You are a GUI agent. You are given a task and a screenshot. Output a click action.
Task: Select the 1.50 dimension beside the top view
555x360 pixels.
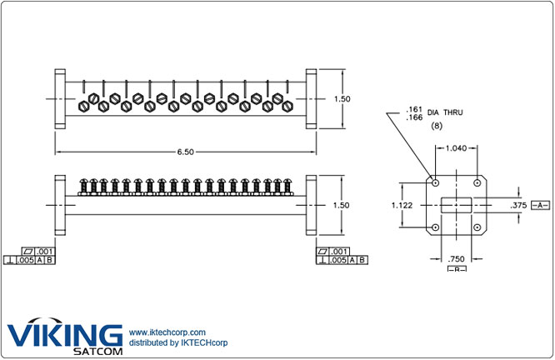(x=342, y=98)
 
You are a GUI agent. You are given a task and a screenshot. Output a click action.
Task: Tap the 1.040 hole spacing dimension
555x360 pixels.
(x=456, y=148)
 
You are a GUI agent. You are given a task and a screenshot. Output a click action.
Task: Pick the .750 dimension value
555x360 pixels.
(x=456, y=259)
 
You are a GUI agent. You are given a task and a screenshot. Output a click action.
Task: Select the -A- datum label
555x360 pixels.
(x=539, y=204)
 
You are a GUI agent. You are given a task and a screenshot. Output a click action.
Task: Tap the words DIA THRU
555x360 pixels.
(x=446, y=112)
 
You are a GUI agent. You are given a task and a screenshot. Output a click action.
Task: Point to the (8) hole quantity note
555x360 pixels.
(x=436, y=127)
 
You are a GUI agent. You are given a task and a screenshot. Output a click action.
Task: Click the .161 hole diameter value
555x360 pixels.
(x=413, y=109)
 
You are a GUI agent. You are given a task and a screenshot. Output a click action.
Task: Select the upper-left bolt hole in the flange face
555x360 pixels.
(x=435, y=181)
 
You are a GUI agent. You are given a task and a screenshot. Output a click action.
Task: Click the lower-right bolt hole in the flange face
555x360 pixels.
(x=477, y=227)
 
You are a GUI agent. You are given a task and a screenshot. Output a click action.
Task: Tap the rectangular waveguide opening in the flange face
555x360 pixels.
(x=456, y=204)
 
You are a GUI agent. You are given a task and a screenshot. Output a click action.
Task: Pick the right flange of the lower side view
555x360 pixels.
(x=312, y=204)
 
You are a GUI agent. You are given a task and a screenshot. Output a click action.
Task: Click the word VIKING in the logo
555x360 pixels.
(x=64, y=335)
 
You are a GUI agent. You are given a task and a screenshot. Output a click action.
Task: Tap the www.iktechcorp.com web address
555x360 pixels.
(x=167, y=332)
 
